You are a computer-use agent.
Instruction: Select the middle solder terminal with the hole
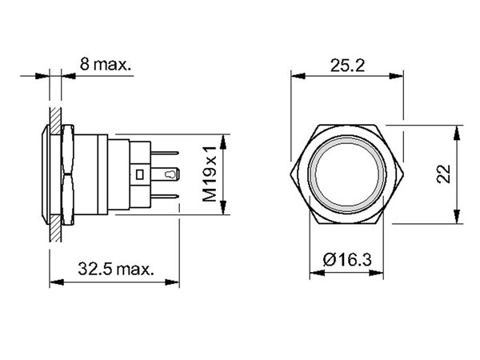(171, 173)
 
